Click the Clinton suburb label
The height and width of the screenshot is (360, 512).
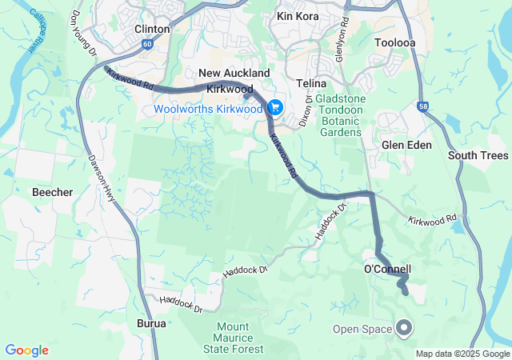click(x=152, y=29)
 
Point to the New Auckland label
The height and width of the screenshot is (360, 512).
click(x=228, y=74)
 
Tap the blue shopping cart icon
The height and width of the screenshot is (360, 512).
click(x=275, y=107)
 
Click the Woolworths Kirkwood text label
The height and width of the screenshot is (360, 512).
click(x=210, y=107)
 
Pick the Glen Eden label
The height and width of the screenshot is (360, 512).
click(x=406, y=145)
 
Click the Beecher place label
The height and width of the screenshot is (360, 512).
click(x=52, y=193)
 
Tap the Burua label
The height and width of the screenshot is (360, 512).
click(x=151, y=324)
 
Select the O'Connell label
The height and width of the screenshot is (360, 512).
click(x=388, y=270)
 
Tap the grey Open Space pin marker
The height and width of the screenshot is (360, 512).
click(x=404, y=327)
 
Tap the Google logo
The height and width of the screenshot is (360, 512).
click(x=26, y=350)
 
